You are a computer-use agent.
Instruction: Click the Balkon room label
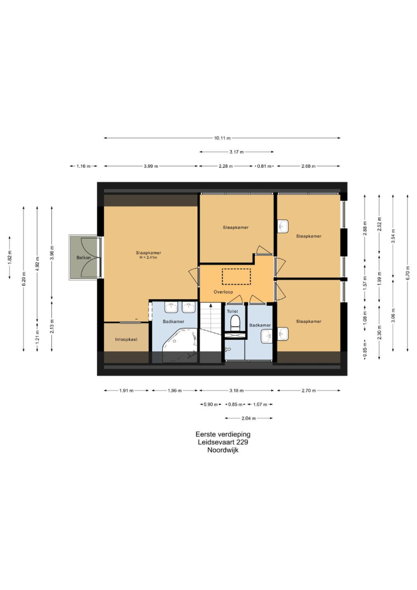[84, 258]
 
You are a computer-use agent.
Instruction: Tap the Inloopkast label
[126, 339]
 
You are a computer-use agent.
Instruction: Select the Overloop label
[223, 292]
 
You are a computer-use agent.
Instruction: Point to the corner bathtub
[179, 345]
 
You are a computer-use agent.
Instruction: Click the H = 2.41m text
[148, 258]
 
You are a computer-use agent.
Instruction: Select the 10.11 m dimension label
[222, 138]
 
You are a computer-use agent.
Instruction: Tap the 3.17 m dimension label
[236, 152]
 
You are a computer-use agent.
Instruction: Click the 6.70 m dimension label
[407, 273]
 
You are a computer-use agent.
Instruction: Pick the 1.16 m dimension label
[84, 166]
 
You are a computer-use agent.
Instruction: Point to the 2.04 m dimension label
[249, 418]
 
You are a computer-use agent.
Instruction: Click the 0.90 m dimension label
[211, 404]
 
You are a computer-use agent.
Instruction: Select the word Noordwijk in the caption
[223, 450]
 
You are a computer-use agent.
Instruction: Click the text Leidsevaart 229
[223, 442]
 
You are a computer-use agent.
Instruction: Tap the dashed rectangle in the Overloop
[236, 276]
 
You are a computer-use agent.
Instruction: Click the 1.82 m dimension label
[10, 258]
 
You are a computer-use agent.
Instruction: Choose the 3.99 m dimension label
[151, 166]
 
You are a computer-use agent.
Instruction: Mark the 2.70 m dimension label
[309, 391]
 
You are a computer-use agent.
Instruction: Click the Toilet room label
[233, 311]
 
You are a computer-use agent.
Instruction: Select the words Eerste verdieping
[223, 434]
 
